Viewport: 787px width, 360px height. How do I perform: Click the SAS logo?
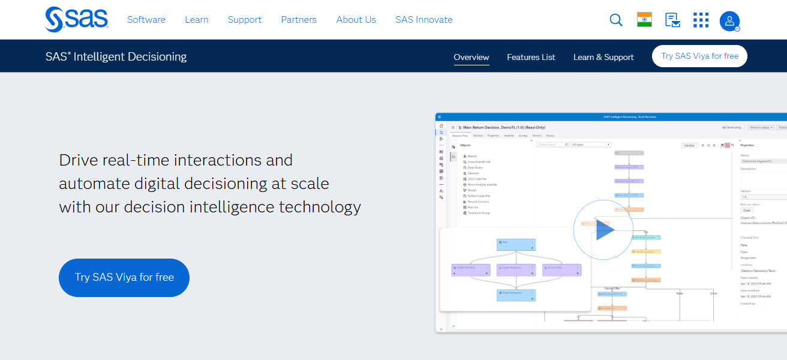(76, 19)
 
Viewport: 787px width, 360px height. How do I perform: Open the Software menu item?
(146, 20)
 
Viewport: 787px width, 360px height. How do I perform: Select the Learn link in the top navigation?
(197, 20)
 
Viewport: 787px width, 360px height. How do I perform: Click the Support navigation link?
(245, 20)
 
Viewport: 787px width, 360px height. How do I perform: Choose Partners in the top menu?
(299, 20)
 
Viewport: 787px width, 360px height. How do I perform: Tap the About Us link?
(356, 20)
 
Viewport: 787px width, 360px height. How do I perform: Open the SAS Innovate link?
(424, 20)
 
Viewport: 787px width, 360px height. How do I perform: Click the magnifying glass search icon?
(616, 20)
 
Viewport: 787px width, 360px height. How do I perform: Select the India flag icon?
(644, 20)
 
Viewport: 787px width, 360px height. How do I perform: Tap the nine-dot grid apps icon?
(701, 20)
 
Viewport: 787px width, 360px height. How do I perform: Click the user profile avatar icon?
(729, 21)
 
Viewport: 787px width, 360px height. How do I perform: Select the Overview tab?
(471, 57)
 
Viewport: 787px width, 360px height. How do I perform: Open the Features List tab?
(531, 57)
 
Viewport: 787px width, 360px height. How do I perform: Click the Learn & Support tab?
(603, 57)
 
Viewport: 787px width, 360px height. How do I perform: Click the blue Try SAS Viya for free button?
(124, 277)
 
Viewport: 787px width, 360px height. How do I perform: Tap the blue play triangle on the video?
(605, 230)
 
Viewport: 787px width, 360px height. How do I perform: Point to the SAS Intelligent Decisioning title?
(116, 56)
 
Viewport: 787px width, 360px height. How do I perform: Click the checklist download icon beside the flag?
(672, 20)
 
